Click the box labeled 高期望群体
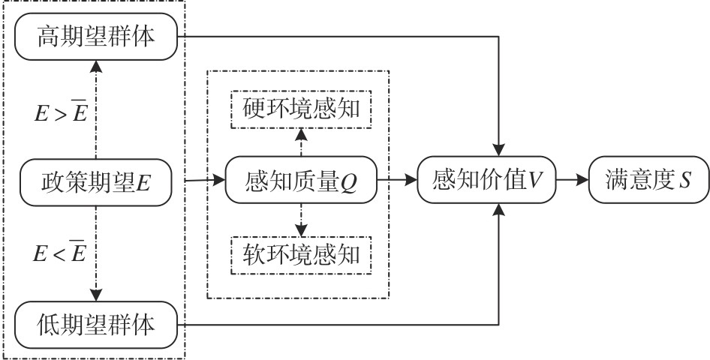(x=96, y=36)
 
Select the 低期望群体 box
(x=96, y=324)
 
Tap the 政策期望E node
(x=96, y=181)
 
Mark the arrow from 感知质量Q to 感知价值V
(x=398, y=181)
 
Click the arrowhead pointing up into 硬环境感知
(x=301, y=133)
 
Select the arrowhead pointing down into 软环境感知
(x=301, y=232)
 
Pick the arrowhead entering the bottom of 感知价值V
(x=498, y=209)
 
